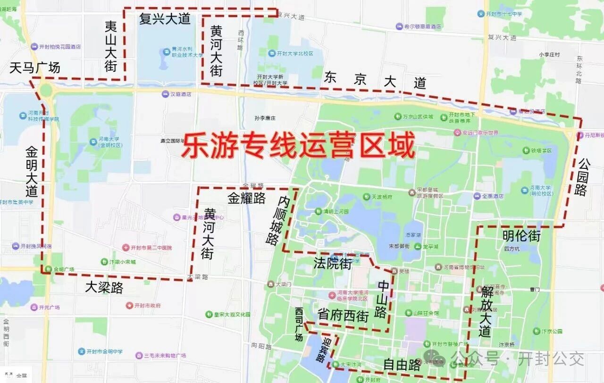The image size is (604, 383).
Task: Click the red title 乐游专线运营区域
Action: tap(298, 146)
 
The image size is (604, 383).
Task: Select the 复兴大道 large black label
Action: tap(165, 19)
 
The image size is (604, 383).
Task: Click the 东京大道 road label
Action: tap(375, 81)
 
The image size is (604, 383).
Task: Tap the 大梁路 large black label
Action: tap(104, 287)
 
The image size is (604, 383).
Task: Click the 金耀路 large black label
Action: tap(247, 198)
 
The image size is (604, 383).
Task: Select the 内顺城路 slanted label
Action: tap(278, 221)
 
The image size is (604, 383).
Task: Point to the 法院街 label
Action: tap(333, 264)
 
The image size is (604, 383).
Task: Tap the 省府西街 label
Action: tap(343, 316)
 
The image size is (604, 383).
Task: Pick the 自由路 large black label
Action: tap(402, 365)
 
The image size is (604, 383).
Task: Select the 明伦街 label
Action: tap(521, 235)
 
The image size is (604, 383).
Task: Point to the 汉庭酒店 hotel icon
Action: tap(165, 94)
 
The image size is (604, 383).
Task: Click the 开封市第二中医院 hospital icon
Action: tap(126, 248)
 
